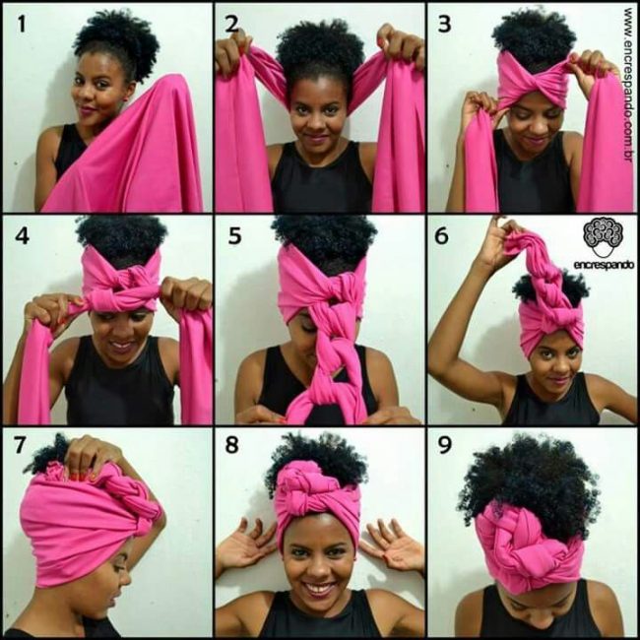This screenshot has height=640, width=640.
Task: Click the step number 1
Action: click(22, 24)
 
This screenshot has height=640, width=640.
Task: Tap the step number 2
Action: click(231, 24)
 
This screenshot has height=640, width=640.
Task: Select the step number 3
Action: click(444, 24)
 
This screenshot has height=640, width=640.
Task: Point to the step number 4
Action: click(22, 236)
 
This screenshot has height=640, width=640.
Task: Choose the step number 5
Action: click(234, 236)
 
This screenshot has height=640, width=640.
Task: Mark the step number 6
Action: click(442, 236)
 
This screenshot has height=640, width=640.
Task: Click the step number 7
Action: click(20, 445)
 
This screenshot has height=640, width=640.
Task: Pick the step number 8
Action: click(231, 445)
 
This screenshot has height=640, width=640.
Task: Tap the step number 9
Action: click(444, 445)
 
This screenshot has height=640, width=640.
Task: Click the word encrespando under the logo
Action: click(604, 265)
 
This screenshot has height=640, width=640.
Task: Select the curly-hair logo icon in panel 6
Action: click(604, 237)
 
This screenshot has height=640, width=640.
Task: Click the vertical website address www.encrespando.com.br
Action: click(629, 85)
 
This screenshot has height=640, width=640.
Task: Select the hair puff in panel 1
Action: click(117, 45)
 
